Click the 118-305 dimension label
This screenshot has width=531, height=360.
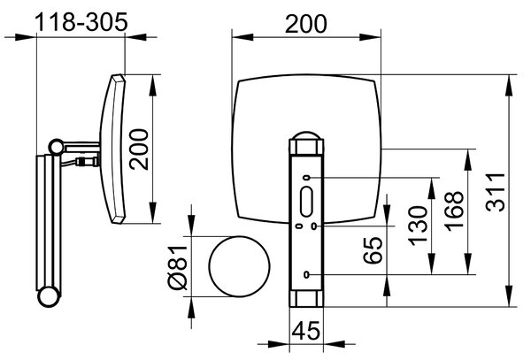point(81,22)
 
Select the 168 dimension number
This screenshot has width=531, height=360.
point(454,211)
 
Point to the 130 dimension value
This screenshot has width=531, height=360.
point(418,226)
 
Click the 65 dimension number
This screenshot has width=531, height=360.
point(373,250)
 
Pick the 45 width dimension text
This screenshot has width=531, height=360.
point(306,331)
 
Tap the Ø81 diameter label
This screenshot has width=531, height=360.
point(178,268)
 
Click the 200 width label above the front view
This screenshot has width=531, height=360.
point(306,24)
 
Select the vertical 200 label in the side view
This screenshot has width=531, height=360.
point(139,149)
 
